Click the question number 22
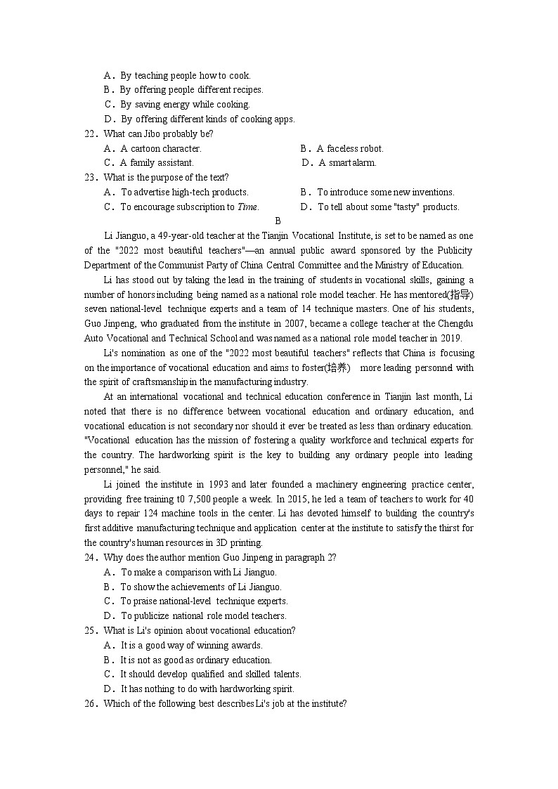[x=89, y=133]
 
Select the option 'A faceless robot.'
[x=349, y=148]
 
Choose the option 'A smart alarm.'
[x=347, y=162]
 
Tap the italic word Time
[x=247, y=207]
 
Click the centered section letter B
[x=278, y=221]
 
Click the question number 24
[x=89, y=557]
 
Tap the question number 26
[x=89, y=703]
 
